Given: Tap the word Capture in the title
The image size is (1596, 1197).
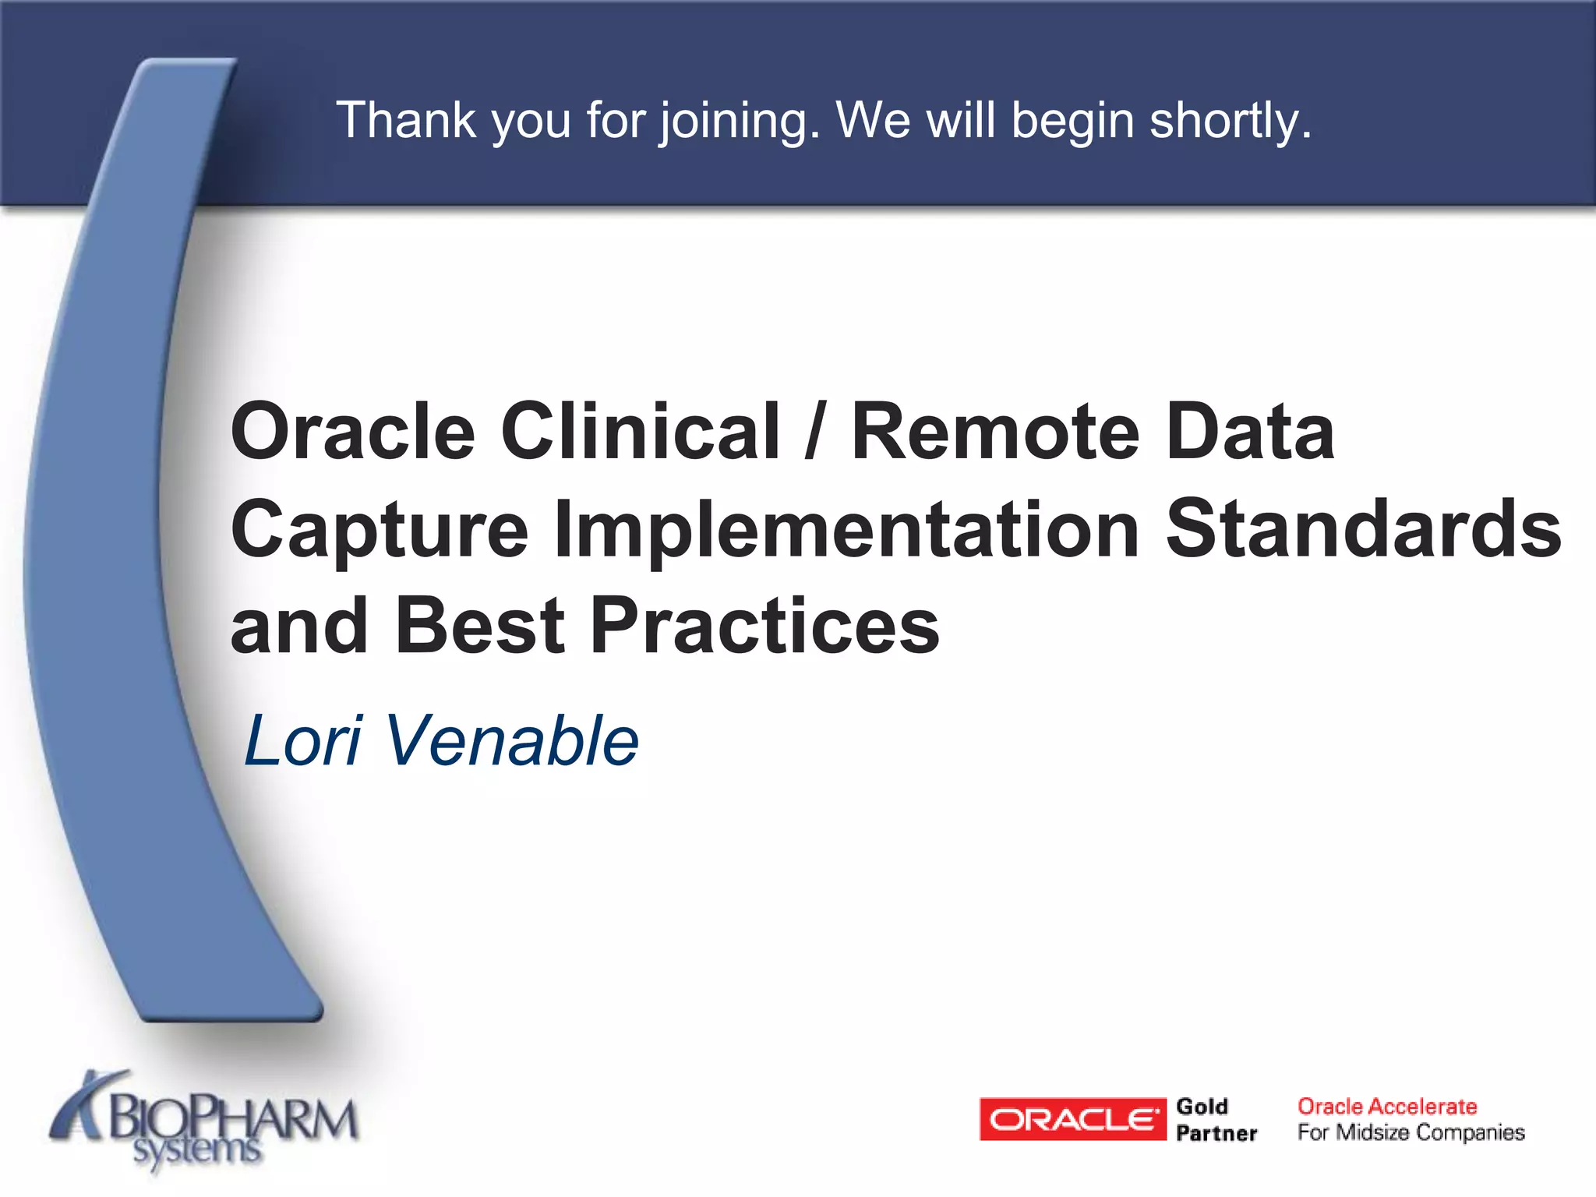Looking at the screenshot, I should [x=380, y=530].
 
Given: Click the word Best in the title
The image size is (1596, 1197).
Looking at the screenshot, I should [x=480, y=625].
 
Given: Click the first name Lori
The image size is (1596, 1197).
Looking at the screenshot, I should [x=303, y=740].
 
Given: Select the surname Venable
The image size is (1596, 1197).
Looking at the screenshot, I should [x=511, y=740].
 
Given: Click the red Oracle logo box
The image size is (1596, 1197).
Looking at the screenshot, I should [x=1072, y=1119].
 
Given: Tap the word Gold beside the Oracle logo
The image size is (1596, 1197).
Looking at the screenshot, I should [x=1202, y=1107].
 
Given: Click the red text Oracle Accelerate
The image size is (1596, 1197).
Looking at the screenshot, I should [x=1386, y=1107].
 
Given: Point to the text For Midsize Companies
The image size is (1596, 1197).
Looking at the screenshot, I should [x=1411, y=1132].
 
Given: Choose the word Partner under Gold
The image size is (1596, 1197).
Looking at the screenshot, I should [x=1216, y=1133].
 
